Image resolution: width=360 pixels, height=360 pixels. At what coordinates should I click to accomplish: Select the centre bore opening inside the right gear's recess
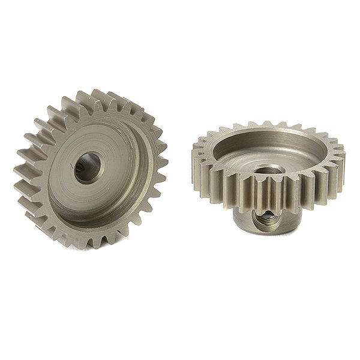tap(264, 171)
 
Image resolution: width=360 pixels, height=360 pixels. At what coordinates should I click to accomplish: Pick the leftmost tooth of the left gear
tap(23, 174)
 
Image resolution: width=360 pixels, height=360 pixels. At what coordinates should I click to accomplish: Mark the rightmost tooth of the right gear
tap(340, 157)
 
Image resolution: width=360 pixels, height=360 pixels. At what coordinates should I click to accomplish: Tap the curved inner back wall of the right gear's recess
tap(270, 139)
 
